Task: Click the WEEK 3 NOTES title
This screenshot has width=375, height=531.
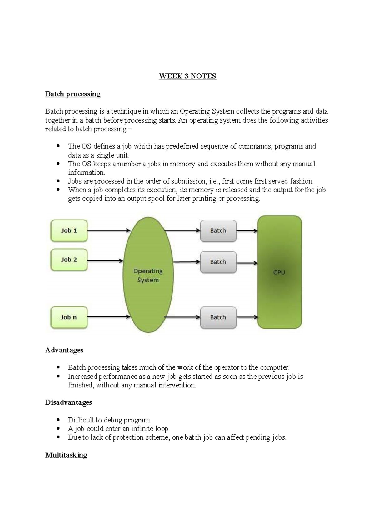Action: [187, 76]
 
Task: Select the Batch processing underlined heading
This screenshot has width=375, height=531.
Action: [73, 94]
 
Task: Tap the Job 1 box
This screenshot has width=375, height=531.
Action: [69, 231]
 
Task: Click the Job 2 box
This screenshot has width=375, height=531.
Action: [69, 260]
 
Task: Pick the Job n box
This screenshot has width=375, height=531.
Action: [69, 317]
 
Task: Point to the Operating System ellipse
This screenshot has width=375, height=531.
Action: [148, 275]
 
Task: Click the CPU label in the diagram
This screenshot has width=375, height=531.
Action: [279, 272]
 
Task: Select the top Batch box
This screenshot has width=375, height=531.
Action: [218, 231]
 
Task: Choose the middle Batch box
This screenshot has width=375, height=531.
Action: [218, 262]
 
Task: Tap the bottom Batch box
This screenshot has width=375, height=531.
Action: [218, 317]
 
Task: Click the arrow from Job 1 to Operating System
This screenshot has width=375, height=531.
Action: [108, 231]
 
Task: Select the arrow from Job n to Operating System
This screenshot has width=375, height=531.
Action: [108, 317]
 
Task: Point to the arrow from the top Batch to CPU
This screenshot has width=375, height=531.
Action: [247, 231]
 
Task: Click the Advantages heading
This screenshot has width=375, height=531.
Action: [64, 350]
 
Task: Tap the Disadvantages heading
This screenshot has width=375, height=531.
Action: [69, 402]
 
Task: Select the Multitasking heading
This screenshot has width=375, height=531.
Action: [66, 455]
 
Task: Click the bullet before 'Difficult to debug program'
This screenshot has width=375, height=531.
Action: [58, 420]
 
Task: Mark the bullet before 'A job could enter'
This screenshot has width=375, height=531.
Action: [58, 429]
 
